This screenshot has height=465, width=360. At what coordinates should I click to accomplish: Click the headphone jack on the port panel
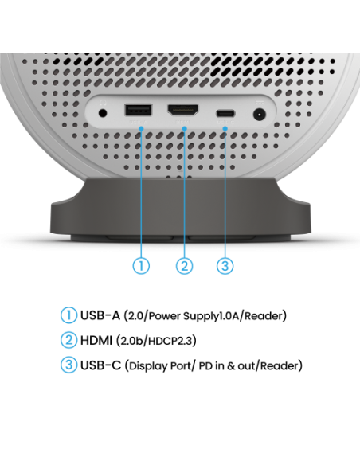click(x=103, y=113)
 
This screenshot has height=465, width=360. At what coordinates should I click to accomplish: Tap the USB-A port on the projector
click(x=139, y=111)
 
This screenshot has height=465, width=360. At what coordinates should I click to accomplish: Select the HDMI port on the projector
click(x=183, y=111)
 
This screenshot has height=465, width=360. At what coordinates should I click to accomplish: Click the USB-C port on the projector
click(x=225, y=114)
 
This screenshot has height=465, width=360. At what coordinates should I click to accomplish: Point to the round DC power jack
click(x=259, y=115)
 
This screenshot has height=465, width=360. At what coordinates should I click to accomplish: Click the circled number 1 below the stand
click(x=141, y=266)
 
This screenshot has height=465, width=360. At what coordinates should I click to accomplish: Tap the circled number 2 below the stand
click(x=185, y=266)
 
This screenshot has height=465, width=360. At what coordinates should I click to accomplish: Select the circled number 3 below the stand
click(x=225, y=266)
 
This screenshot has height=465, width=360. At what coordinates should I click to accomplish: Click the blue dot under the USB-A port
click(x=142, y=129)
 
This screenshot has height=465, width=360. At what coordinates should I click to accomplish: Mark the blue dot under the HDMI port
click(x=185, y=129)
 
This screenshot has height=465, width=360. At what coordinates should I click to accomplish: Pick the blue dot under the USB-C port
click(x=225, y=129)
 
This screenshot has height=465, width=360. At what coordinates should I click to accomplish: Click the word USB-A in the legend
click(x=100, y=315)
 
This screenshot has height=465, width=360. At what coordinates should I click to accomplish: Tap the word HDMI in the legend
click(x=96, y=340)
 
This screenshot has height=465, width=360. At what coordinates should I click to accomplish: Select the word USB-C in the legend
click(x=101, y=365)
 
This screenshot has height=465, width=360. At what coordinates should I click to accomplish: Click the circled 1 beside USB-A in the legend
click(x=68, y=315)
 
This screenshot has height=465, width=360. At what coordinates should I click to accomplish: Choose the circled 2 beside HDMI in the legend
click(x=68, y=340)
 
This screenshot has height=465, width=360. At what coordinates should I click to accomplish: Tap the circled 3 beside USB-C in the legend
click(x=68, y=365)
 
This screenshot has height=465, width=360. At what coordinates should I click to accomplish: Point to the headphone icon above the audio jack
click(x=103, y=103)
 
